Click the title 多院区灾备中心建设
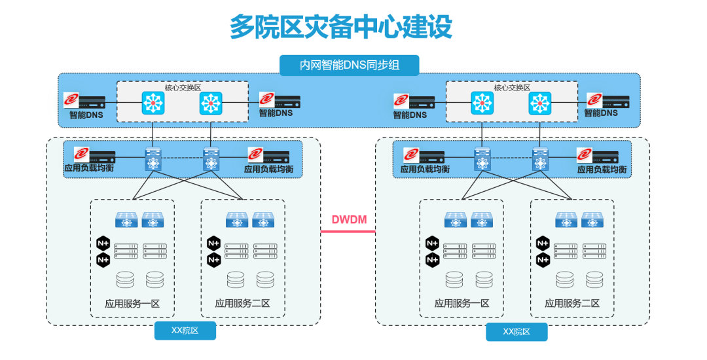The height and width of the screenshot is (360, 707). pyautogui.click(x=340, y=27)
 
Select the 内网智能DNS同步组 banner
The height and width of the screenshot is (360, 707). pyautogui.click(x=350, y=65)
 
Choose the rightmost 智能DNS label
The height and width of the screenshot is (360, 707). pyautogui.click(x=601, y=113)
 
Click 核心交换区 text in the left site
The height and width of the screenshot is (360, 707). pyautogui.click(x=182, y=87)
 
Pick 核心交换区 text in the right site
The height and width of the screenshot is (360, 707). pyautogui.click(x=511, y=87)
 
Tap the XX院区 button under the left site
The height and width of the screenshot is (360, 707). pyautogui.click(x=185, y=331)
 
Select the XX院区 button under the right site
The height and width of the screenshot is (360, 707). pyautogui.click(x=516, y=332)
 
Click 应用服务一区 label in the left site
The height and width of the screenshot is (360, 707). pyautogui.click(x=132, y=304)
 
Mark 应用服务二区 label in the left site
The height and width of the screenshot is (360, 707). pyautogui.click(x=242, y=304)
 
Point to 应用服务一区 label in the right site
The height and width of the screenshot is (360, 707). pyautogui.click(x=462, y=304)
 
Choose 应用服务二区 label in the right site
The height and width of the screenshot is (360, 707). pyautogui.click(x=572, y=304)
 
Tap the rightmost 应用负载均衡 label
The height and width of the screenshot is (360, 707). pyautogui.click(x=602, y=170)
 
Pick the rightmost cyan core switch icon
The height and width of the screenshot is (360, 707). pyautogui.click(x=540, y=103)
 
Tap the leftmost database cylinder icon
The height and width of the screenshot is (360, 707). pyautogui.click(x=124, y=280)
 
